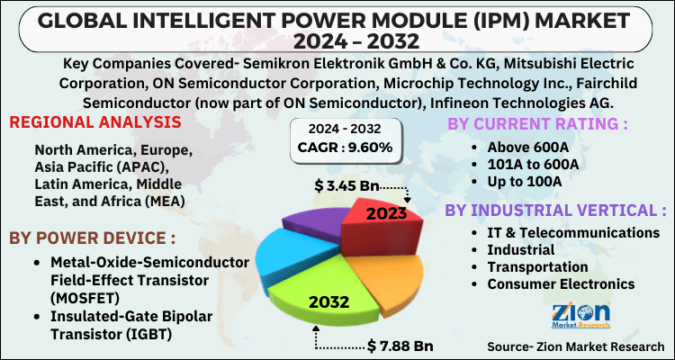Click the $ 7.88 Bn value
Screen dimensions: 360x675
pyautogui.click(x=401, y=345)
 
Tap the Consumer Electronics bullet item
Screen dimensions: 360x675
pyautogui.click(x=561, y=284)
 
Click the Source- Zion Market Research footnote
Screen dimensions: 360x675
pyautogui.click(x=576, y=346)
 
